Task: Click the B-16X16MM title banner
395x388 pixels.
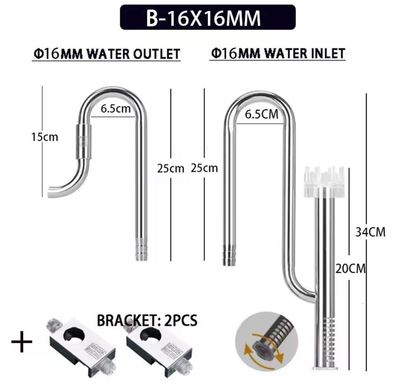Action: tap(207, 17)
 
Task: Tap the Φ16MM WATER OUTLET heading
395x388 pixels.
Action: tap(107, 54)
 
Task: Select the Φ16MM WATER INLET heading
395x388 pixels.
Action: tap(278, 53)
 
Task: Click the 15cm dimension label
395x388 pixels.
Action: tap(44, 137)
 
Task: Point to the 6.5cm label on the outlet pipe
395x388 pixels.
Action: tap(116, 109)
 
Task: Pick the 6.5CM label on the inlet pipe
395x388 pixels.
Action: tap(262, 115)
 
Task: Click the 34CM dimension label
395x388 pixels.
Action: tap(370, 232)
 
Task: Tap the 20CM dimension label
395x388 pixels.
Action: tap(351, 269)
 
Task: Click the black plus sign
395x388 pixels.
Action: tap(22, 342)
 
